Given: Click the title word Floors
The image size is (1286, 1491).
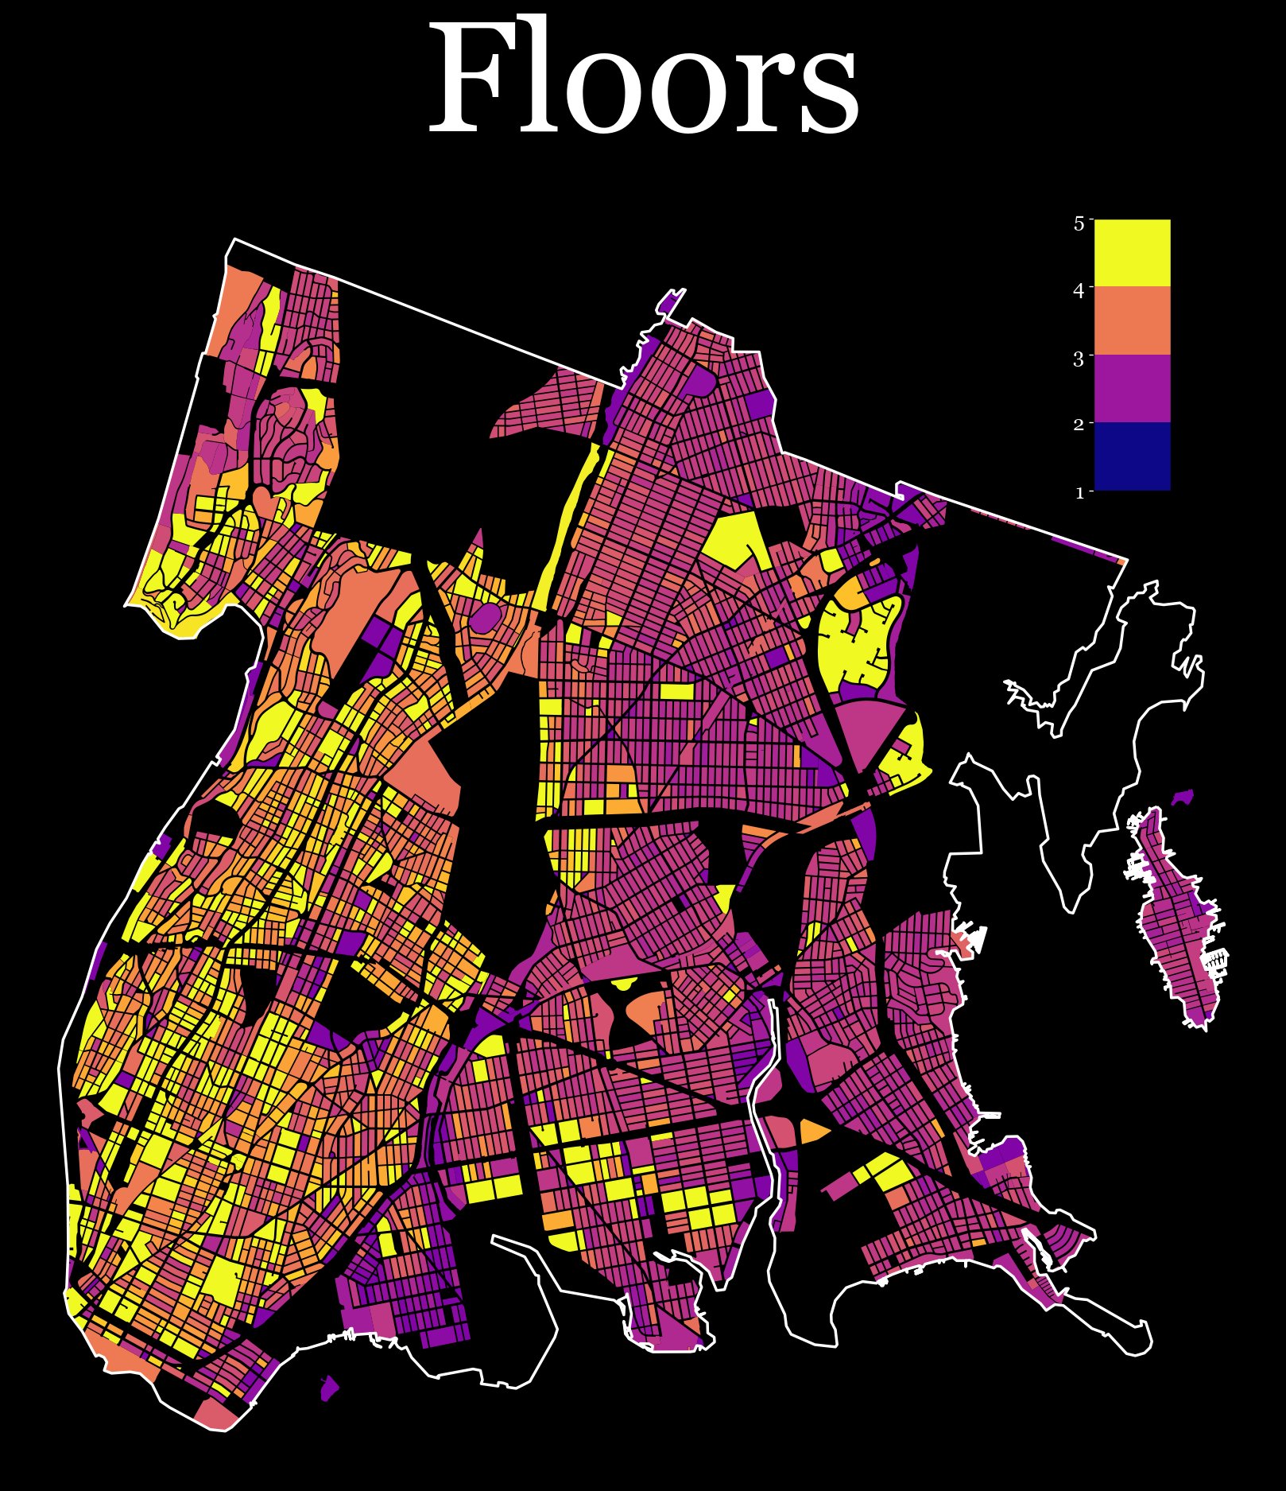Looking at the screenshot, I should pos(644,80).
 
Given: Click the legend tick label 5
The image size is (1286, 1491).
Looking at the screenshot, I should pos(1079,223).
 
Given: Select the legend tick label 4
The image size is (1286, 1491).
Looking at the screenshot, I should pos(1079,291).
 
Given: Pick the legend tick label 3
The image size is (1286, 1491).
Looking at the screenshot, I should pos(1079,359).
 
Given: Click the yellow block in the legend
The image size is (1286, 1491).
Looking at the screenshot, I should pos(1132,253).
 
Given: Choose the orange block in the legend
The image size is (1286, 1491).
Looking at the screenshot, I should pos(1132,320).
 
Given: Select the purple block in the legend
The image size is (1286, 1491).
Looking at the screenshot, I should pos(1132,388).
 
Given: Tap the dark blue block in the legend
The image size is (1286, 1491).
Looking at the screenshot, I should pos(1132,456).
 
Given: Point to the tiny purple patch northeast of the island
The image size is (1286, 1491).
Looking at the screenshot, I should pos(1184,797).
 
